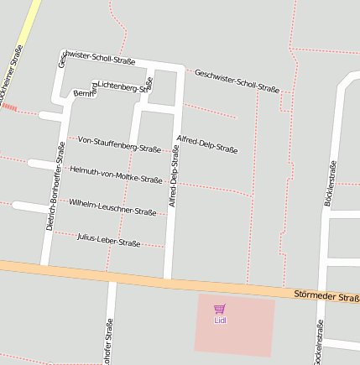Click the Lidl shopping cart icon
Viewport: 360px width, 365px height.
[219, 309]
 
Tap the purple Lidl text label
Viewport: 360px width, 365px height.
[220, 320]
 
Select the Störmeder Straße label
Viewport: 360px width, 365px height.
[326, 296]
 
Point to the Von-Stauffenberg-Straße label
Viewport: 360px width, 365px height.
[119, 144]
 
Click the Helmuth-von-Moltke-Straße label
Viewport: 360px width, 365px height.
[116, 175]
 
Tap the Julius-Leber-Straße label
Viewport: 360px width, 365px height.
[108, 241]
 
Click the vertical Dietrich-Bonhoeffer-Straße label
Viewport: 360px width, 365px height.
[55, 186]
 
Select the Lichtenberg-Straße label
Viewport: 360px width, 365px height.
[124, 85]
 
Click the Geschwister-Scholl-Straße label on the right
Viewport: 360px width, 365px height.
[237, 81]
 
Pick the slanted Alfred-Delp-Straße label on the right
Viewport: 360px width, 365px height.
[207, 144]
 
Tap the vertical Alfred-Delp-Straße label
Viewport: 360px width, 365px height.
[174, 177]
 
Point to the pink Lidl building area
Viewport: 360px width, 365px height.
[235, 336]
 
